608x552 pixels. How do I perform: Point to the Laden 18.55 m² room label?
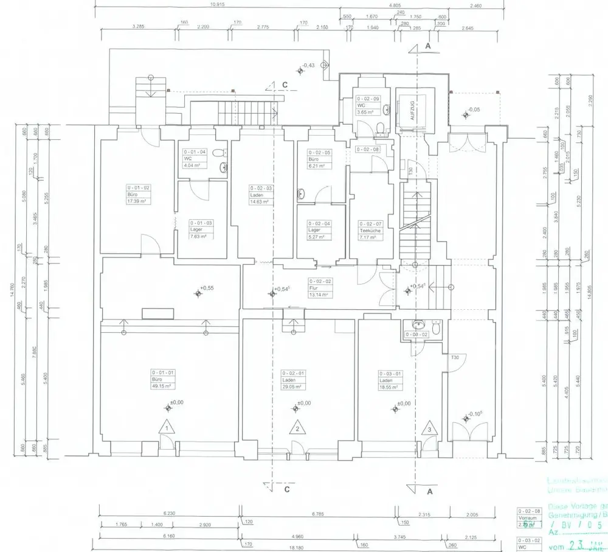pyautogui.click(x=389, y=379)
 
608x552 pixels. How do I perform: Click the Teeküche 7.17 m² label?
pyautogui.click(x=370, y=231)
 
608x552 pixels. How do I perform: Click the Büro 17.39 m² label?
pyautogui.click(x=138, y=194)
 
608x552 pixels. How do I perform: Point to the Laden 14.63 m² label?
pyautogui.click(x=261, y=195)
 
